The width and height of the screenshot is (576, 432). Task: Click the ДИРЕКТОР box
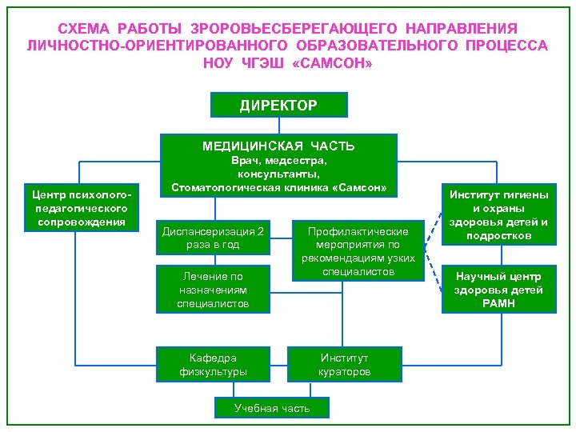coord(278,105)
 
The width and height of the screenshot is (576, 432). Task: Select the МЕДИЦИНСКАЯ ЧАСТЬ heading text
coord(278,146)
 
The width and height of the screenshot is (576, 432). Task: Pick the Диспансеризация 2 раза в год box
coord(212,238)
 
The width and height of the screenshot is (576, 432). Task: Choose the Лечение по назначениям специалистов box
coord(212,290)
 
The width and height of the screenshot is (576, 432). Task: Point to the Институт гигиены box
coord(498,214)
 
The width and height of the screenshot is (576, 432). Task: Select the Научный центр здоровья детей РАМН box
coord(498,290)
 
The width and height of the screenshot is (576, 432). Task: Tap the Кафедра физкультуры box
coord(212,364)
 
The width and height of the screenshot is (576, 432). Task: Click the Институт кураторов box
coord(345,364)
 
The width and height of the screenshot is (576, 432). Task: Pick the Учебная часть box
coord(271,408)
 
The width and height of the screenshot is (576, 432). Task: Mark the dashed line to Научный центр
coord(432,274)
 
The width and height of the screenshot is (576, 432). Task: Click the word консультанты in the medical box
coord(278,174)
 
